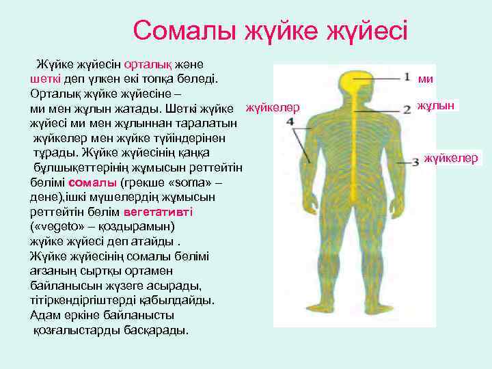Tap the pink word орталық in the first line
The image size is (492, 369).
[x=145, y=65]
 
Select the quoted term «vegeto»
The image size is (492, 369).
[x=56, y=225]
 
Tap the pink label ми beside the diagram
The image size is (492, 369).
[x=426, y=79]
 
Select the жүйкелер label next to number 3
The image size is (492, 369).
[x=451, y=159]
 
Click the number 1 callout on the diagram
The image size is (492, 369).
[x=407, y=77]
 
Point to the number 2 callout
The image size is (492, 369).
[x=407, y=107]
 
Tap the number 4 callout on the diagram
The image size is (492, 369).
[x=290, y=122]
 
